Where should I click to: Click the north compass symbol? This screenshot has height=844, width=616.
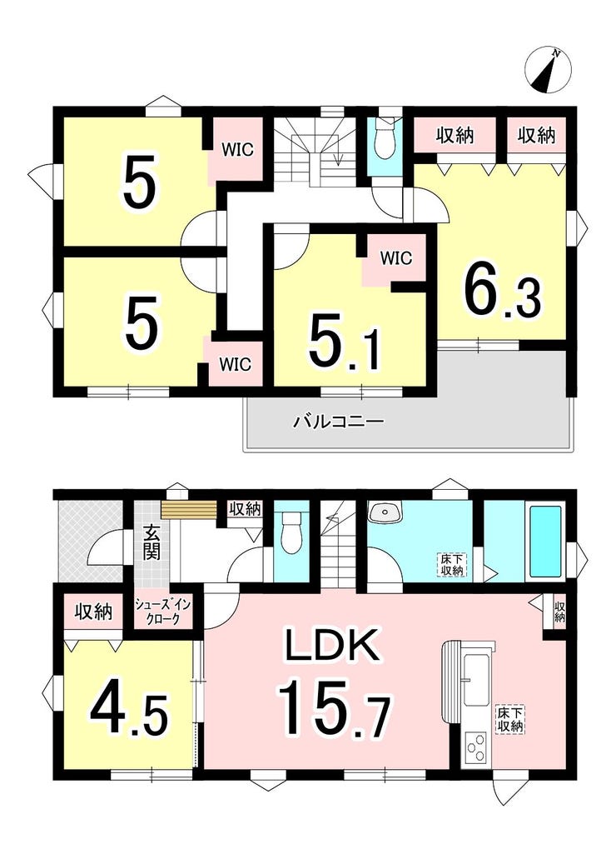click(548, 69)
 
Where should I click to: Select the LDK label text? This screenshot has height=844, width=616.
click(331, 645)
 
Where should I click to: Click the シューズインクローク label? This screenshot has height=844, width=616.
click(163, 612)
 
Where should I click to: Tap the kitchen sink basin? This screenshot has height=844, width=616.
click(477, 680)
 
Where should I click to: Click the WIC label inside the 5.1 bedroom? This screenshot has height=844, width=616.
click(396, 258)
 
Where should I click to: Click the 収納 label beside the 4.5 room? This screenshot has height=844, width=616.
click(93, 612)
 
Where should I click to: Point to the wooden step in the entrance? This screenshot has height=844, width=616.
click(188, 510)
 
